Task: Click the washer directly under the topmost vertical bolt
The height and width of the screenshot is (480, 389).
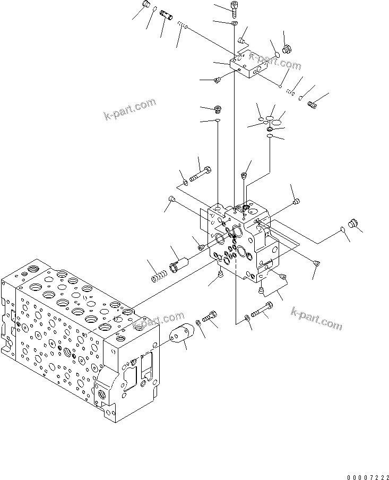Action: [234, 23]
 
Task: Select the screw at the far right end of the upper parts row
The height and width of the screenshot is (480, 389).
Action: [313, 105]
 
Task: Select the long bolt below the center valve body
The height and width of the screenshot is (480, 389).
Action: [262, 311]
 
